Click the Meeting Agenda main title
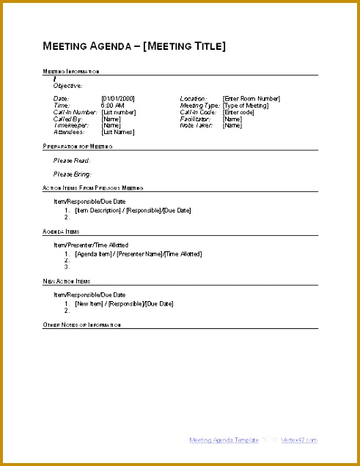point(134,46)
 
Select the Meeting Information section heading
point(71,72)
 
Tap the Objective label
point(68,86)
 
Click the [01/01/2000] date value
point(118,99)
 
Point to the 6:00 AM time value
point(114,106)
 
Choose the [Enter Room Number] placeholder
point(251,99)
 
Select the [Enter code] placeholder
point(238,112)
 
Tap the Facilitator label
point(195,119)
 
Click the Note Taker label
point(196,125)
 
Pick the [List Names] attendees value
point(117,132)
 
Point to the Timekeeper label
point(69,125)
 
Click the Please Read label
point(72,160)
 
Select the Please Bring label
point(73,174)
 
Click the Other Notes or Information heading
point(82,325)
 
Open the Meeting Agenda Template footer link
point(224,440)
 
